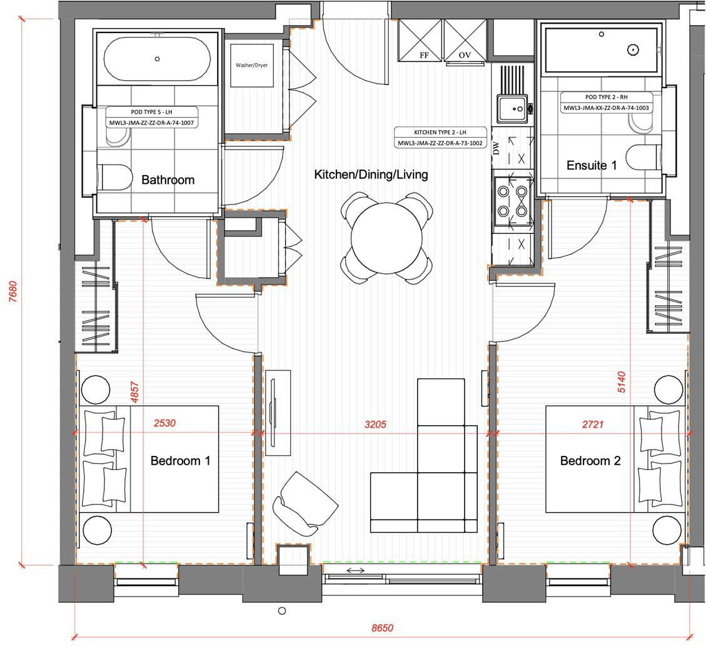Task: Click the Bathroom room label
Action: click(168, 180)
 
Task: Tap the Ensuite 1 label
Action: click(592, 166)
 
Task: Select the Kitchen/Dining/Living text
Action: click(371, 174)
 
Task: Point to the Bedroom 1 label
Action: click(180, 461)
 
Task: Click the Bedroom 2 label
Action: click(590, 461)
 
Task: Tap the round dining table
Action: click(387, 238)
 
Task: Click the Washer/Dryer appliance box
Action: click(251, 65)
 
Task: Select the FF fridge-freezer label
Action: click(424, 56)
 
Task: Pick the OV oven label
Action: click(465, 56)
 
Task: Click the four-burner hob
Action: click(513, 201)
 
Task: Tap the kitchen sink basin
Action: click(512, 108)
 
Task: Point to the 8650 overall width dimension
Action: click(382, 628)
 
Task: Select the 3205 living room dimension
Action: click(376, 425)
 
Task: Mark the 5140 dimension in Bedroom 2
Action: click(622, 381)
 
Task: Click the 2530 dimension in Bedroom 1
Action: click(164, 423)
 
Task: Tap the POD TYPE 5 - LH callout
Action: click(152, 112)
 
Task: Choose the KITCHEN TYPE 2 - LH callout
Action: click(440, 133)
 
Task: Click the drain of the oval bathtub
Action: click(157, 59)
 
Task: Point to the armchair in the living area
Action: click(305, 504)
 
